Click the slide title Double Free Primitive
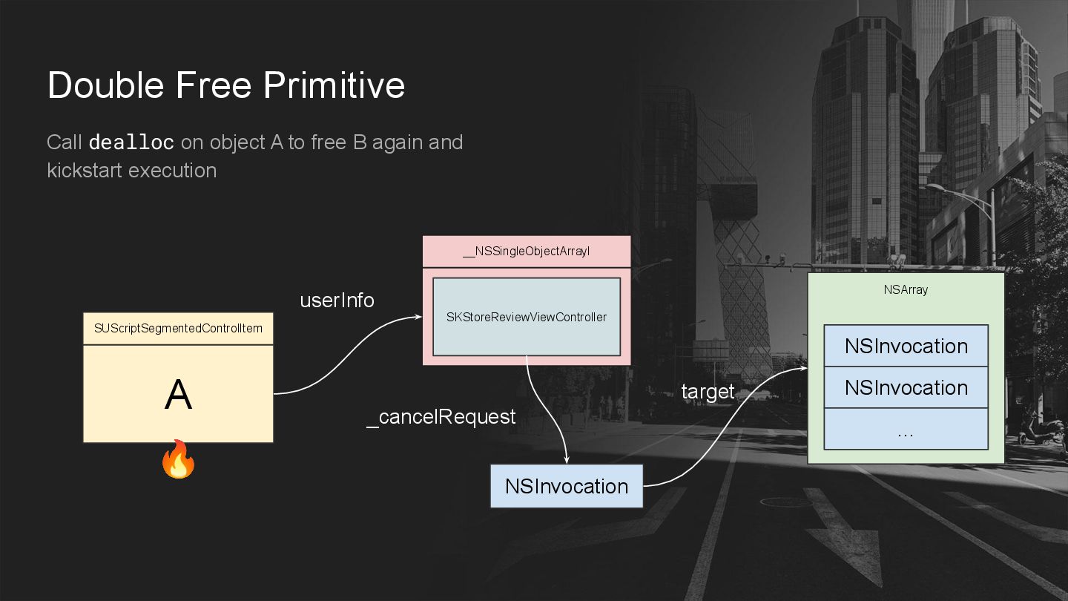226,85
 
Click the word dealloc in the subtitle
131,142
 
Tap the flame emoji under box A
178,459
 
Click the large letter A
178,395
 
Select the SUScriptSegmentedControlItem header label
178,328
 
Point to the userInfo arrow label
337,300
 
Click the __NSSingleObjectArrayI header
526,252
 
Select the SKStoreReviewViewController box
526,317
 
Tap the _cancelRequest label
441,417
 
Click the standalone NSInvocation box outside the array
567,486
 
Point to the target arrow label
708,392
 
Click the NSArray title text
906,290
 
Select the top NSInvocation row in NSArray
906,346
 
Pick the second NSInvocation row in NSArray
906,387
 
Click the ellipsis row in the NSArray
906,430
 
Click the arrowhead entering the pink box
418,318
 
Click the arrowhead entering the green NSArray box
802,369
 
